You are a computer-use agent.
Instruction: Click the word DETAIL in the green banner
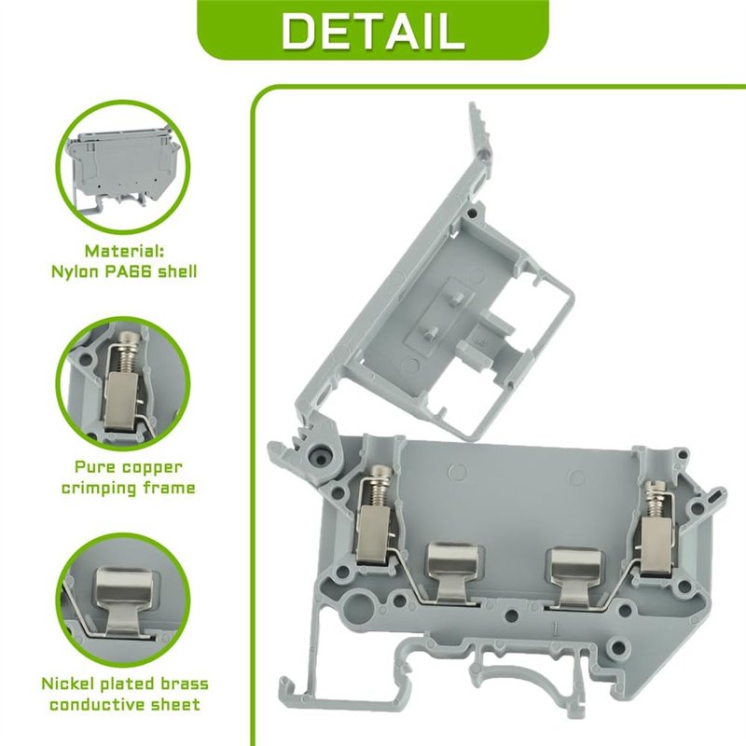pyautogui.click(x=373, y=31)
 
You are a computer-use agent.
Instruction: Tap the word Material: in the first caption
pyautogui.click(x=124, y=251)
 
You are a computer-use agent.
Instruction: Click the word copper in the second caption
pyautogui.click(x=152, y=468)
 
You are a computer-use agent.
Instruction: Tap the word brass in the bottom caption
pyautogui.click(x=184, y=684)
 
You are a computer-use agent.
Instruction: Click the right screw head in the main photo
pyautogui.click(x=653, y=487)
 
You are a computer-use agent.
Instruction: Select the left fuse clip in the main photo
pyautogui.click(x=453, y=573)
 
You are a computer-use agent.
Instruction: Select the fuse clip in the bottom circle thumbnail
pyautogui.click(x=126, y=601)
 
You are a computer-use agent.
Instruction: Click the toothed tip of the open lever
pyautogui.click(x=478, y=123)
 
